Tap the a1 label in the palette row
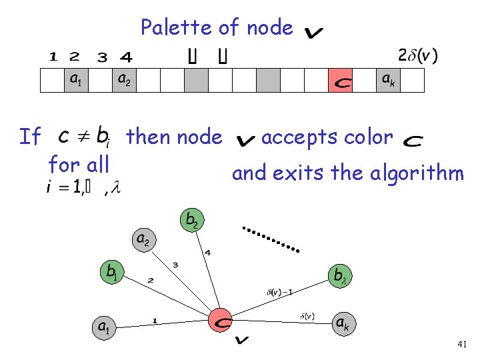point(77,80)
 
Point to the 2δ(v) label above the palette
point(418,55)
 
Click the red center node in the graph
point(221,320)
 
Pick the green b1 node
point(112,273)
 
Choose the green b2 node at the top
point(192,219)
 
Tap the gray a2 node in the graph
point(143,238)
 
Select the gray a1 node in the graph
point(104,327)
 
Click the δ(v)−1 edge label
point(279,291)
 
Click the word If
point(31,137)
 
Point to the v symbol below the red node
point(242,341)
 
